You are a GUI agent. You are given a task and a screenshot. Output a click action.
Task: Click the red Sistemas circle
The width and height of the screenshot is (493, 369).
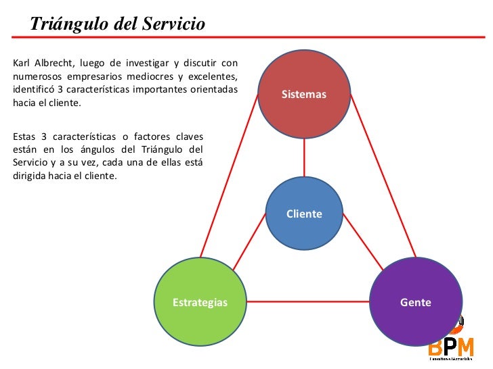[304, 93]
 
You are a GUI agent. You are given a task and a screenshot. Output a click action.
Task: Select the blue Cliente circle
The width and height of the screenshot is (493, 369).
[304, 214]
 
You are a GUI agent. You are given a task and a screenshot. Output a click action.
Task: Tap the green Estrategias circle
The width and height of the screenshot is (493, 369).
[200, 301]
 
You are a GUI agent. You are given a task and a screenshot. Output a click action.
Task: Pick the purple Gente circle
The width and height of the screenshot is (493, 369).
[416, 301]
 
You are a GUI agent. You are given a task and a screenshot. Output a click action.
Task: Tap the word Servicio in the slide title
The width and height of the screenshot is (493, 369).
[173, 25]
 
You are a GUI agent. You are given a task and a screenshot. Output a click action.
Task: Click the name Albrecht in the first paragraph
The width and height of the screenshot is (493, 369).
[56, 64]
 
